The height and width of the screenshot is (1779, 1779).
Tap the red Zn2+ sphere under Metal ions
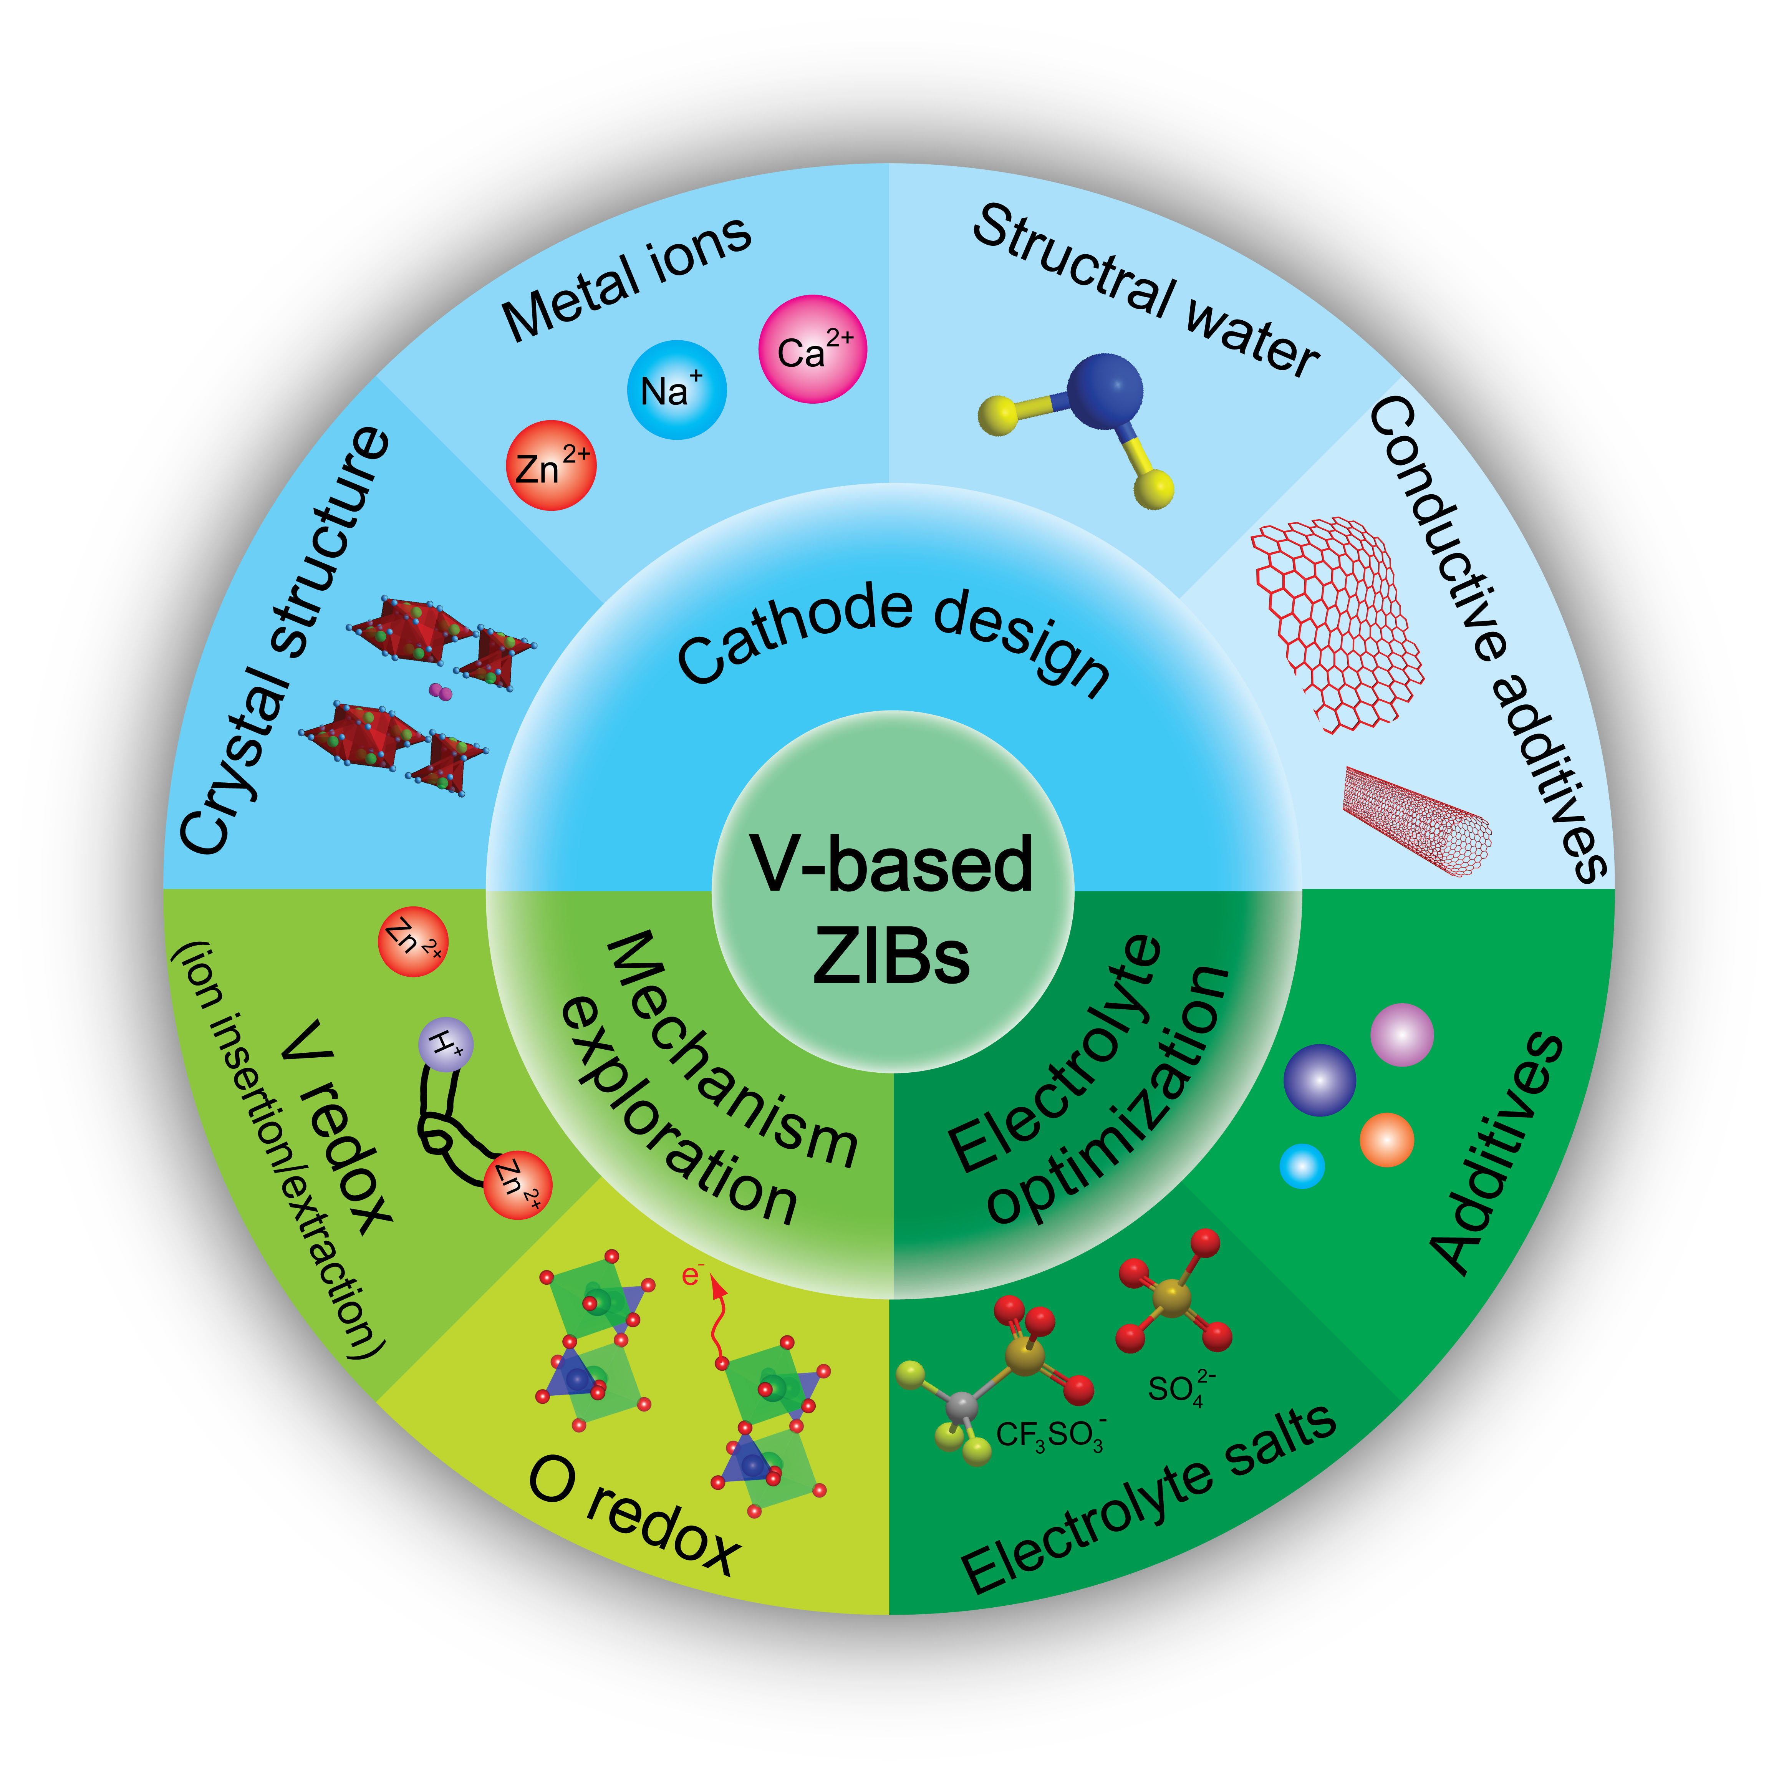point(551,465)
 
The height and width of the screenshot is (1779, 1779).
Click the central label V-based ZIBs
point(891,907)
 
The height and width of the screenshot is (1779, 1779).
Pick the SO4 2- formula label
point(1181,1388)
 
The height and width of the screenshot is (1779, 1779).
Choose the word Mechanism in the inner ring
point(732,1050)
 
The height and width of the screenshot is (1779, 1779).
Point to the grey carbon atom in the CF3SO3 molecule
point(961,1406)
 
